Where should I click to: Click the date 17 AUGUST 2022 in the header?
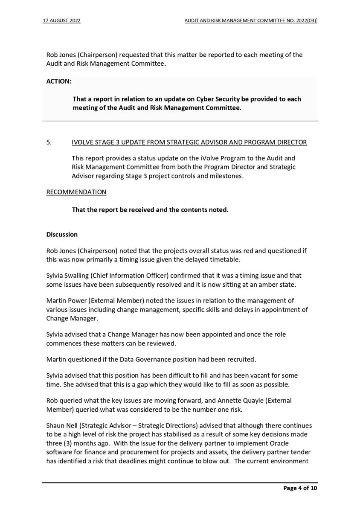tap(62, 20)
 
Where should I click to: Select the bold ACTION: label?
tap(59, 81)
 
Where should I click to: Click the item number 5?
tap(49, 142)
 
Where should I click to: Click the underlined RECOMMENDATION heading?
tap(76, 192)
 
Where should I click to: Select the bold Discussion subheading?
tap(62, 234)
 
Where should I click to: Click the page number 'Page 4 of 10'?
tap(300, 488)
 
